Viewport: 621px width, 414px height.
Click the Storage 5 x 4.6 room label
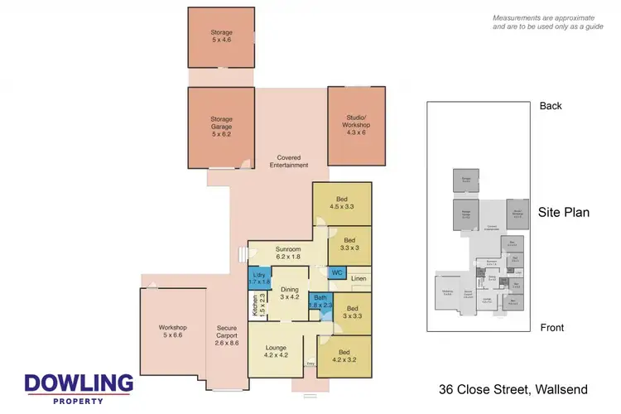coord(221,37)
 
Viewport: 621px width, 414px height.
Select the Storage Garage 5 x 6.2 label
coord(221,124)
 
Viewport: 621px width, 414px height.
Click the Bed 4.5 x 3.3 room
coord(342,204)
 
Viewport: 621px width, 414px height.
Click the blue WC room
coord(337,272)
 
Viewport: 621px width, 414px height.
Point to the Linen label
coord(358,279)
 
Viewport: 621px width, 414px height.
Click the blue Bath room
coord(320,301)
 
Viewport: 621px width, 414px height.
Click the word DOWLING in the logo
coord(79,384)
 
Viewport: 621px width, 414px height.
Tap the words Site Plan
coord(564,212)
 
